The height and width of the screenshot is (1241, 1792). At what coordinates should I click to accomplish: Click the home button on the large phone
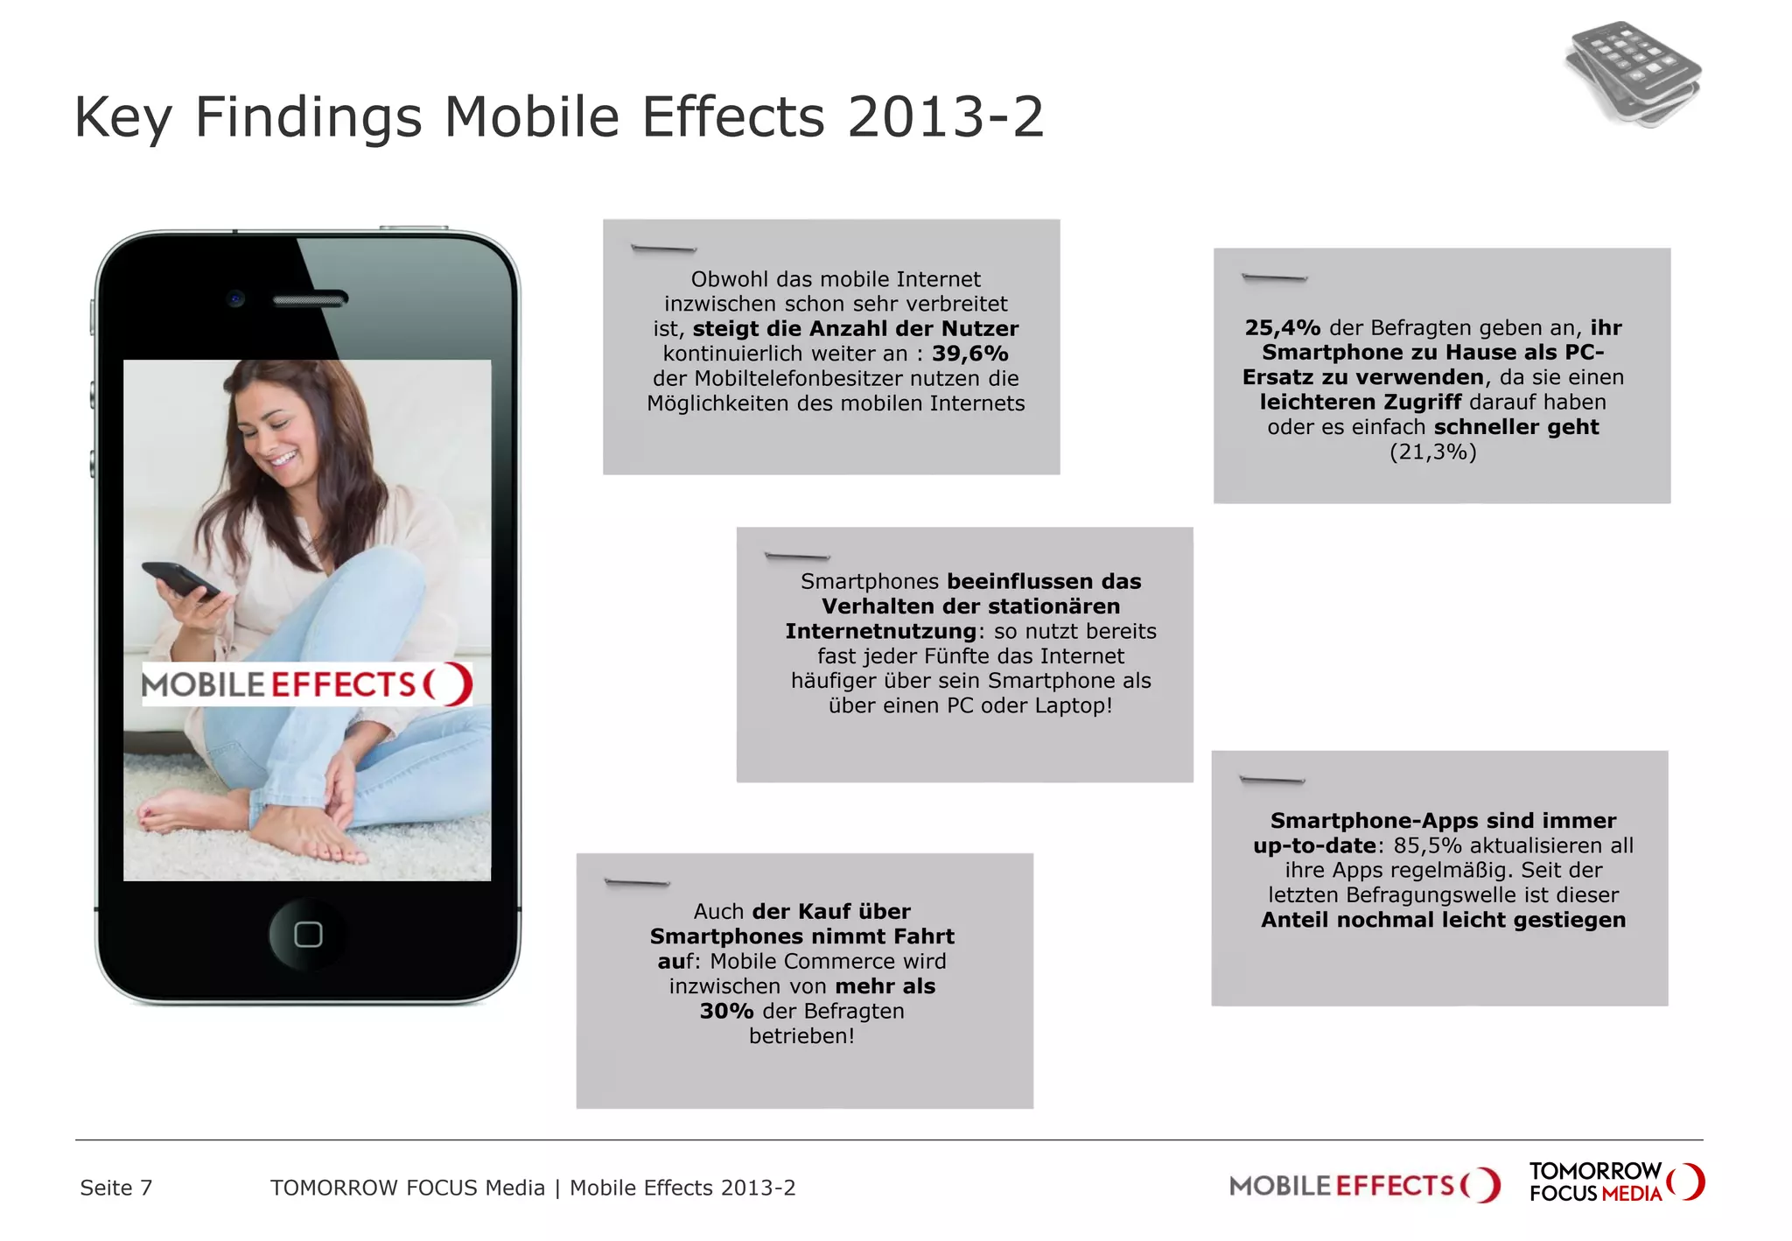click(308, 935)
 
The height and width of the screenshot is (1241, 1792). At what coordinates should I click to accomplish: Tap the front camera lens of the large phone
click(235, 298)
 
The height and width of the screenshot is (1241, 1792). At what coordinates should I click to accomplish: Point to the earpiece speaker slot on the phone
click(310, 300)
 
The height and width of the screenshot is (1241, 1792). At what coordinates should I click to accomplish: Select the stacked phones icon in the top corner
click(1633, 74)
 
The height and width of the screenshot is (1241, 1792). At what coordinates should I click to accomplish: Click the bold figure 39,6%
click(969, 354)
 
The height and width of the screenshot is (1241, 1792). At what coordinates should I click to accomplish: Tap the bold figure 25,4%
click(1282, 328)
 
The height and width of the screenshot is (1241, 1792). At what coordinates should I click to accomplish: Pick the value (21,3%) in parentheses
click(1432, 452)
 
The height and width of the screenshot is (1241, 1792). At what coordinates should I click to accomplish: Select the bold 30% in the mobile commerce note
click(726, 1011)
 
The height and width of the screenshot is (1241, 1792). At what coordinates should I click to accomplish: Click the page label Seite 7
click(115, 1188)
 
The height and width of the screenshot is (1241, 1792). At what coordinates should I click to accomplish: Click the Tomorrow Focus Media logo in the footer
click(1615, 1181)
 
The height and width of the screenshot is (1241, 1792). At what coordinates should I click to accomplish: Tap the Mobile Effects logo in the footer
click(1364, 1186)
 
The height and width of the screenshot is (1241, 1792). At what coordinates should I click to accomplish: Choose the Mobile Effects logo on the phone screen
click(307, 684)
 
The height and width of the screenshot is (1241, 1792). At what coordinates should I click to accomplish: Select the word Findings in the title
click(308, 118)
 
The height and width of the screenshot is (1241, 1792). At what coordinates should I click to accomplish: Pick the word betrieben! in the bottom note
click(801, 1036)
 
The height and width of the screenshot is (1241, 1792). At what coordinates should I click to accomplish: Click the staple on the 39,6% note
click(663, 249)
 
